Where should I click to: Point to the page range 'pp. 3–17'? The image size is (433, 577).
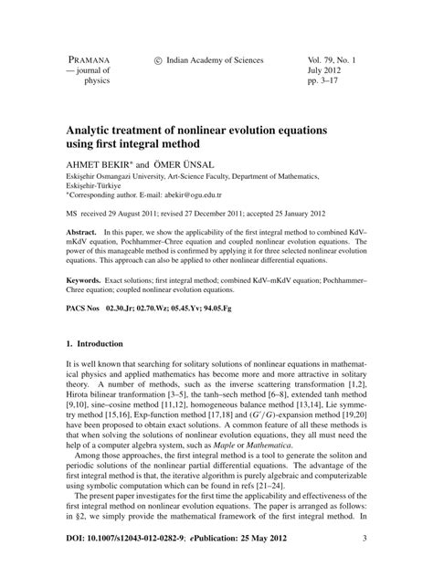click(324, 81)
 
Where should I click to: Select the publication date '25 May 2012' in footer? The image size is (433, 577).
click(269, 540)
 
